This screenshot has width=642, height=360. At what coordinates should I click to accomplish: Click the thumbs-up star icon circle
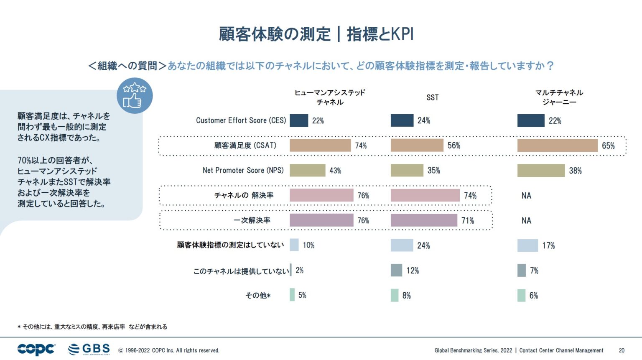[x=135, y=96]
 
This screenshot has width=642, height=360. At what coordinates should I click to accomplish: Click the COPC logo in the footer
[x=36, y=349]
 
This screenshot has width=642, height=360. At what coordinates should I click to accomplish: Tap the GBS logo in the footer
[x=89, y=349]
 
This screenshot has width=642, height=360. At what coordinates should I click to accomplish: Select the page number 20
[x=622, y=350]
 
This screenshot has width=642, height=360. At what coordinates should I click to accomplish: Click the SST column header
[x=433, y=97]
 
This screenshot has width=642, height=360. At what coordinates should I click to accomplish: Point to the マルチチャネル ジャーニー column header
[x=559, y=97]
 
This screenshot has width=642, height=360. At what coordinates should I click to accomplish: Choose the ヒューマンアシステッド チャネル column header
[x=330, y=97]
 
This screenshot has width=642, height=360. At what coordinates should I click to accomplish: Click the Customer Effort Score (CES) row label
[x=241, y=120]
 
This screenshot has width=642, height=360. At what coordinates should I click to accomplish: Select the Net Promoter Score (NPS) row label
[x=243, y=170]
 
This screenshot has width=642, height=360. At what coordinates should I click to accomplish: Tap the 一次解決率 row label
[x=252, y=220]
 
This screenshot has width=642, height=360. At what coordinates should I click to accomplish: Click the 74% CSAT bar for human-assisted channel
[x=320, y=146]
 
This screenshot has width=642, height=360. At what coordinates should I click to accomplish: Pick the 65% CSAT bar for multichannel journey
[x=557, y=146]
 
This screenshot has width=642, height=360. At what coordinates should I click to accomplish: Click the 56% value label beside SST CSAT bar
[x=454, y=146]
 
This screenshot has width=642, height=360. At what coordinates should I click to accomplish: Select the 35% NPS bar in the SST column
[x=407, y=170]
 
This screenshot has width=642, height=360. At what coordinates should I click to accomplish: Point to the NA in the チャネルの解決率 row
[x=526, y=195]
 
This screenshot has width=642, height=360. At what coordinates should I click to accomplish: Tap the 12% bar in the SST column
[x=396, y=271]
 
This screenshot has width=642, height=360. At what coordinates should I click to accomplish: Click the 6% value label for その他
[x=533, y=296]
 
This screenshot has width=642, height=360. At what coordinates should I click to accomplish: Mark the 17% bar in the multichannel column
[x=527, y=245]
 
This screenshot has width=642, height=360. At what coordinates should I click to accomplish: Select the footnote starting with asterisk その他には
[x=92, y=327]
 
